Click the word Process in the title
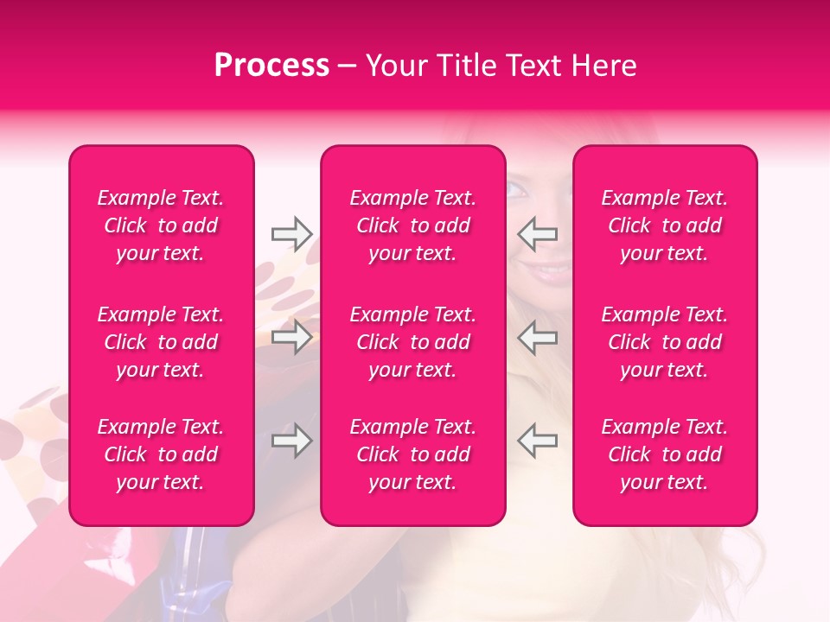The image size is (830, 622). (x=271, y=66)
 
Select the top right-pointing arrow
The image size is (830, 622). (x=292, y=233)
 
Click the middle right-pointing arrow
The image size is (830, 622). (x=292, y=337)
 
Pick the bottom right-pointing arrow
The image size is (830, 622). (x=292, y=441)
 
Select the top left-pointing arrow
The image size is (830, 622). (x=538, y=233)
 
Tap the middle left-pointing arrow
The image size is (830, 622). (x=538, y=337)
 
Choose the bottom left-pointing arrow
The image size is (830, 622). (x=538, y=441)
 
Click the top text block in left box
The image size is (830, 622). (x=161, y=225)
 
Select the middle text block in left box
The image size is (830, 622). (x=161, y=342)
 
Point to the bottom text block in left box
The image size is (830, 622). (x=161, y=454)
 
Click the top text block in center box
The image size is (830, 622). (x=413, y=225)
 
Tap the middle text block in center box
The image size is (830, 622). (x=413, y=342)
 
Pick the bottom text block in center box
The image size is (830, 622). (x=413, y=454)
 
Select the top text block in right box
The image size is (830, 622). (x=665, y=225)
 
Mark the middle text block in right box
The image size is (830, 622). (x=665, y=342)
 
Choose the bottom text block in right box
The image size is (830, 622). (x=665, y=454)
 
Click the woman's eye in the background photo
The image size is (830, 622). (x=516, y=191)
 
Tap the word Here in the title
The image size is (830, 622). (x=605, y=66)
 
